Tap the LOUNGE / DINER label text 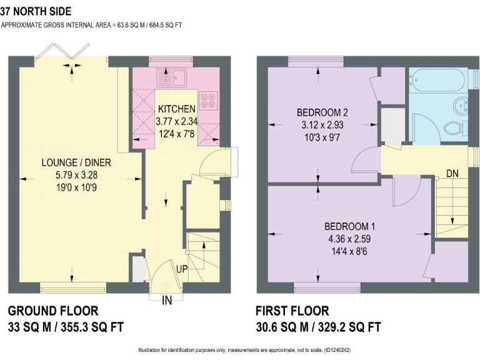(x=76, y=163)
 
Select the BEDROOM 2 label (x=321, y=112)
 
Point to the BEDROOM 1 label (x=349, y=226)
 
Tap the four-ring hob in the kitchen (x=207, y=99)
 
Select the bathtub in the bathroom (x=437, y=80)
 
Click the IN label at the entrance (x=167, y=301)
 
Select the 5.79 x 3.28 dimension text (x=76, y=174)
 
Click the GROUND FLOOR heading (x=52, y=311)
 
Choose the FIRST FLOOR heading (x=292, y=311)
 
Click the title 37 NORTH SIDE (x=36, y=11)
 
